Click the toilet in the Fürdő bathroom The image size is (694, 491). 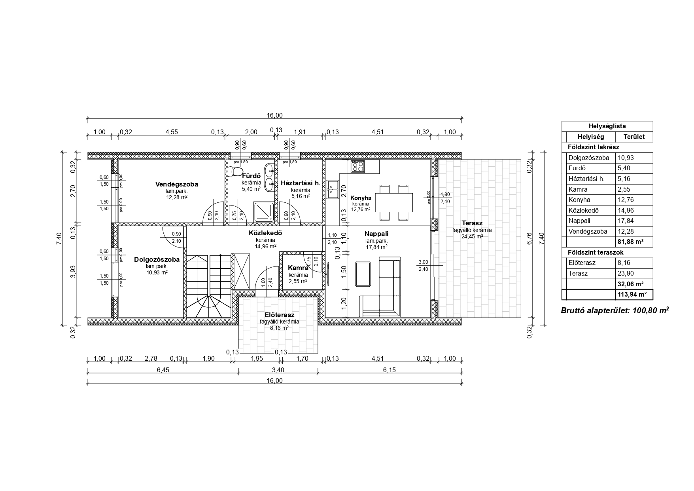point(237,171)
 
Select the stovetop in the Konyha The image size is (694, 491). point(357,166)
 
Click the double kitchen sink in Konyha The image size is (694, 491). point(332,189)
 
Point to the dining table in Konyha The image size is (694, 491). point(393,202)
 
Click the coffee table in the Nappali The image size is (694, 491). point(363,274)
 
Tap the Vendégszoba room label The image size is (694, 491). point(176,184)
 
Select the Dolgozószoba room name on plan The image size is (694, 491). point(157,260)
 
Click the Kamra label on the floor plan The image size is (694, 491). point(298,268)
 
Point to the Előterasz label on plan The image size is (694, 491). point(279,315)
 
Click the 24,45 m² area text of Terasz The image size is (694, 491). point(472,236)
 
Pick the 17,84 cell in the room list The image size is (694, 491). point(624,221)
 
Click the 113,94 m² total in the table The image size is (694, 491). point(632,295)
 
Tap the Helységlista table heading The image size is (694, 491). point(607,126)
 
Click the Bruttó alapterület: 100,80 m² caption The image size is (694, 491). point(615,310)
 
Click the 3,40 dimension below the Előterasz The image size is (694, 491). point(278,370)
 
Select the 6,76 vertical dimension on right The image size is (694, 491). point(530,239)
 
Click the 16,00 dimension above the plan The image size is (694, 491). point(275,116)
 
